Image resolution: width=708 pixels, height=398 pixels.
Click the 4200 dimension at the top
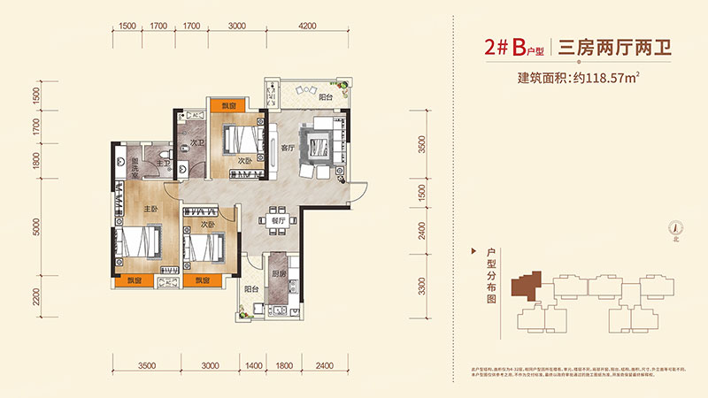[307, 27]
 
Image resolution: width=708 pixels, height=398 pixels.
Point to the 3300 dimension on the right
[422, 286]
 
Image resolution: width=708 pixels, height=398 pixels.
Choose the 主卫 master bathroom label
[163, 163]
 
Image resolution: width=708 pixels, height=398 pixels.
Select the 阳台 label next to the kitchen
[251, 288]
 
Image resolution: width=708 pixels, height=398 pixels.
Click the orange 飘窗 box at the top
[229, 106]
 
